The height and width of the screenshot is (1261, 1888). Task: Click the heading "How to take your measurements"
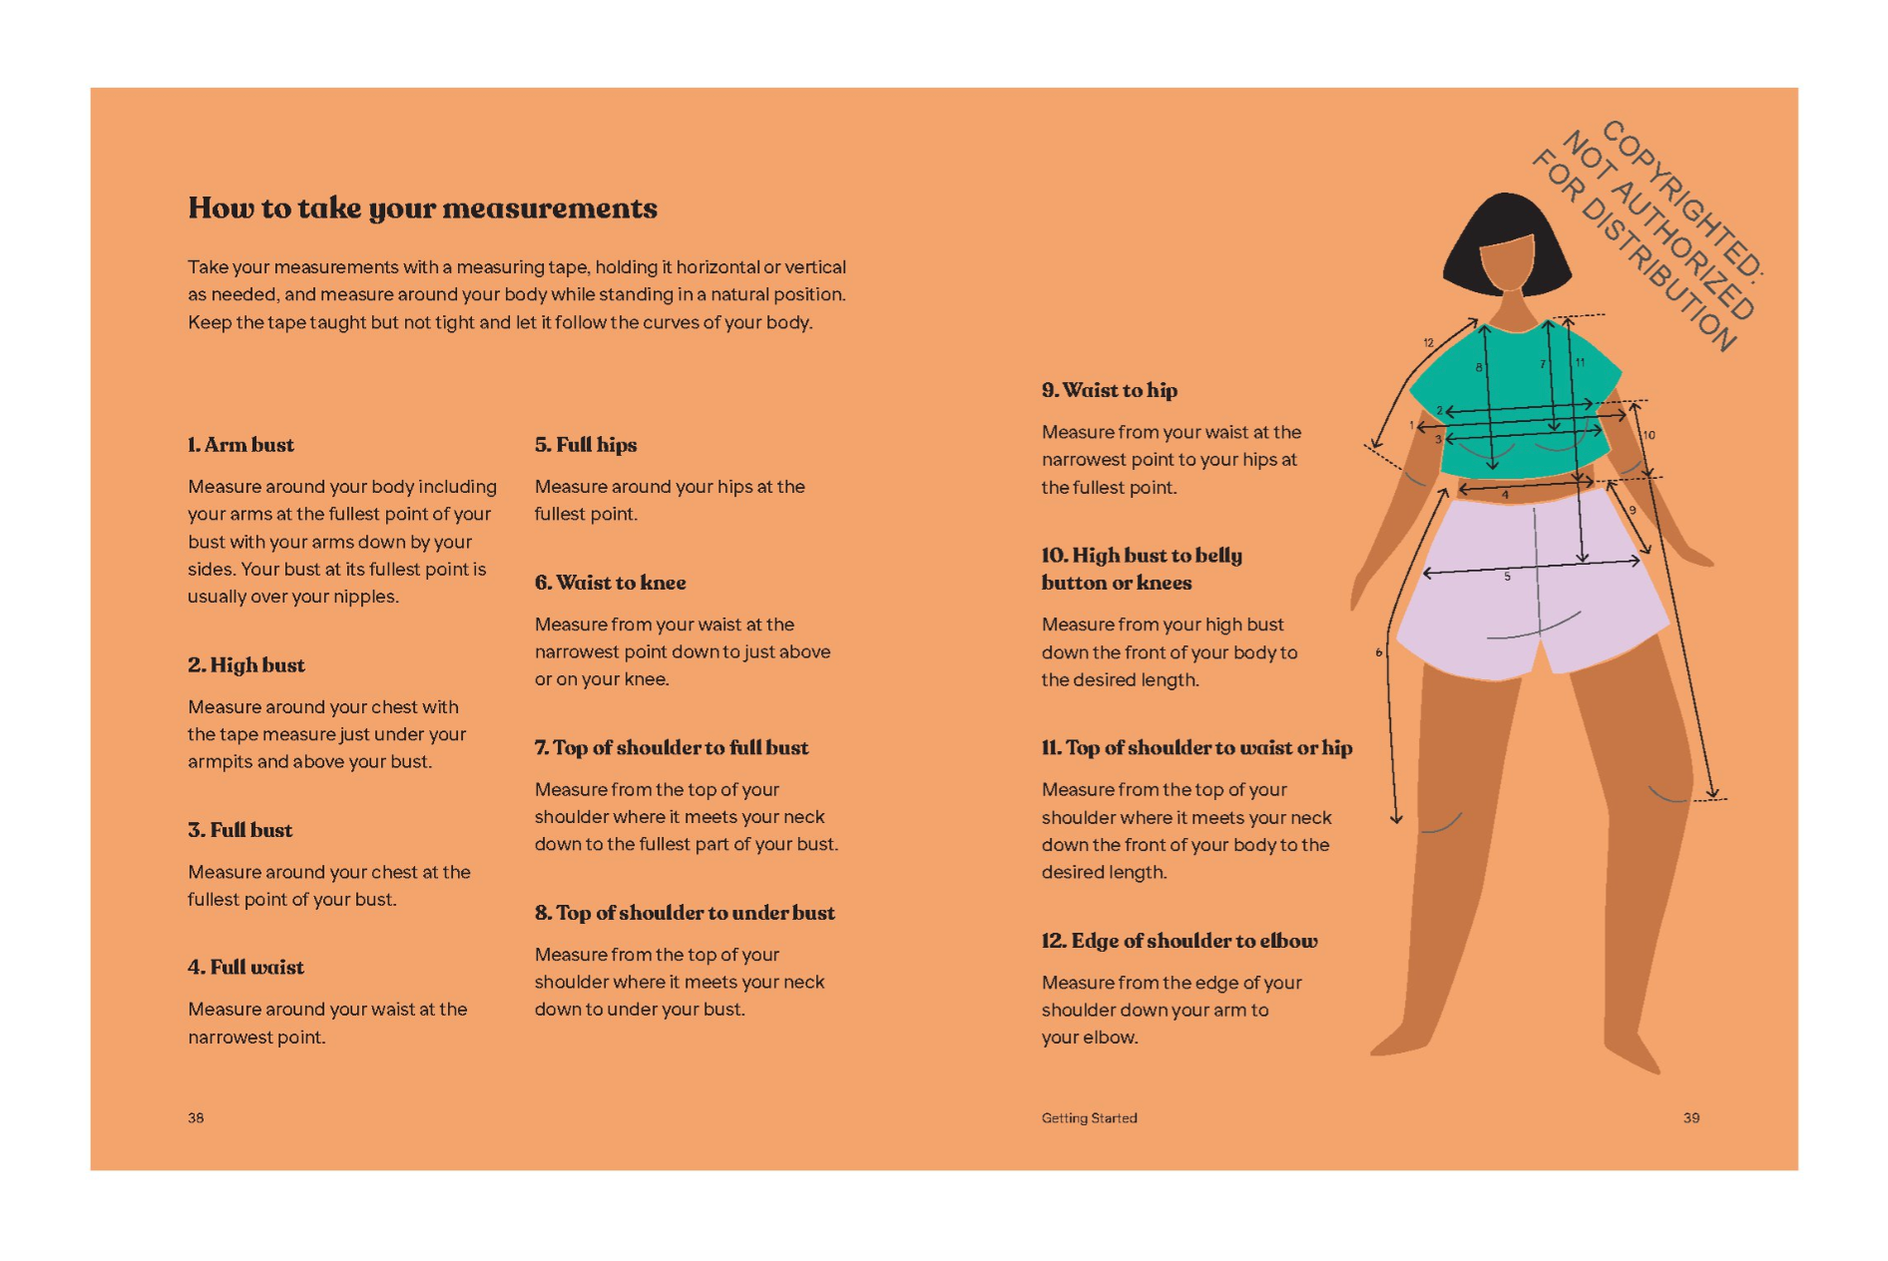(x=422, y=208)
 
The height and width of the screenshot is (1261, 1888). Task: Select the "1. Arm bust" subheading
(x=240, y=445)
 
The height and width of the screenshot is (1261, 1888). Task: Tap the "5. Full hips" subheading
(x=585, y=445)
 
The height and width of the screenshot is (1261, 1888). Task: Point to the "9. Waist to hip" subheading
(x=1109, y=390)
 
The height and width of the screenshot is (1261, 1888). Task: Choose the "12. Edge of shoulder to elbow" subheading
(x=1179, y=941)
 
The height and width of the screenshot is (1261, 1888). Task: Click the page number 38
(x=196, y=1117)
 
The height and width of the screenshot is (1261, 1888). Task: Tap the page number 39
(x=1690, y=1117)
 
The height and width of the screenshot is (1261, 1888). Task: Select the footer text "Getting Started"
(x=1089, y=1117)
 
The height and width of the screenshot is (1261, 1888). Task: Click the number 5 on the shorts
(x=1507, y=577)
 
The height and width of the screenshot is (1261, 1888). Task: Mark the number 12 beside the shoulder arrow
(x=1428, y=342)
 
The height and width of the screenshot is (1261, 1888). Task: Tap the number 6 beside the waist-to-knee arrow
(x=1379, y=652)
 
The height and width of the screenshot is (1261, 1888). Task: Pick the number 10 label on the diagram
(x=1649, y=435)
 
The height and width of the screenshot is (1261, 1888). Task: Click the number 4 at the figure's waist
(x=1505, y=495)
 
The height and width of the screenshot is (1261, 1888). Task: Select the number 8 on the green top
(x=1479, y=367)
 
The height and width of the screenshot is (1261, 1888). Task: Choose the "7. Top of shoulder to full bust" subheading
(x=671, y=748)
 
